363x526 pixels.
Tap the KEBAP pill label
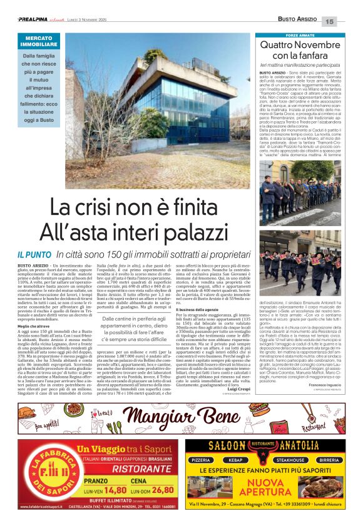pos(237,459)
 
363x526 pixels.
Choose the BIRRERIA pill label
pos(329,459)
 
